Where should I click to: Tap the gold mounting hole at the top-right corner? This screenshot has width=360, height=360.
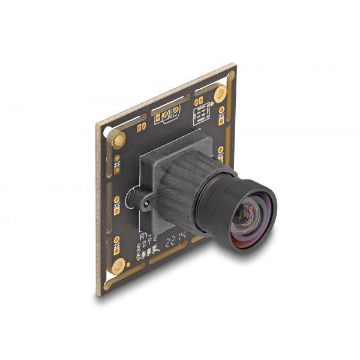[x=220, y=93]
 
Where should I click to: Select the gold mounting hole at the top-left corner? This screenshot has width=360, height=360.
[x=119, y=140]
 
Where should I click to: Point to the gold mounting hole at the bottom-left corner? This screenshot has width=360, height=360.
[x=118, y=265]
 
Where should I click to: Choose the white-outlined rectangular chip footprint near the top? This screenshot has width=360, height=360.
[x=202, y=113]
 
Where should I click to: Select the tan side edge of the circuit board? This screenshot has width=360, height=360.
[x=99, y=210]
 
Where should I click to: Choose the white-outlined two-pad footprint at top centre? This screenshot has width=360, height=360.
[x=169, y=113]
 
